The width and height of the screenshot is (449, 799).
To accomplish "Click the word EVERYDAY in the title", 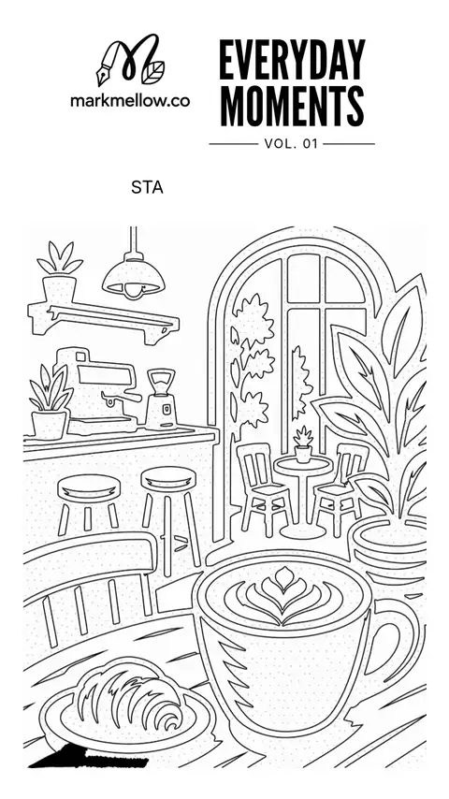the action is [292, 60].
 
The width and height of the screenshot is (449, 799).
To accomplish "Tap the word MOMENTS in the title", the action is [292, 106].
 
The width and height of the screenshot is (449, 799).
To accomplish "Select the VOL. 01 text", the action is [291, 144].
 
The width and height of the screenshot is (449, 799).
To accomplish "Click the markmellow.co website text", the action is [130, 100].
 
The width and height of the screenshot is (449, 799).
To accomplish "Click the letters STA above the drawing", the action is [147, 187].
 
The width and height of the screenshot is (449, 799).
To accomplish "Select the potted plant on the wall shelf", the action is [60, 271].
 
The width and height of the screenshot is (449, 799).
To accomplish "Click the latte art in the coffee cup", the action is [282, 595].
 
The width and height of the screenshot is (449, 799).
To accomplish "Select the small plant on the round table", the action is [303, 444].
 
